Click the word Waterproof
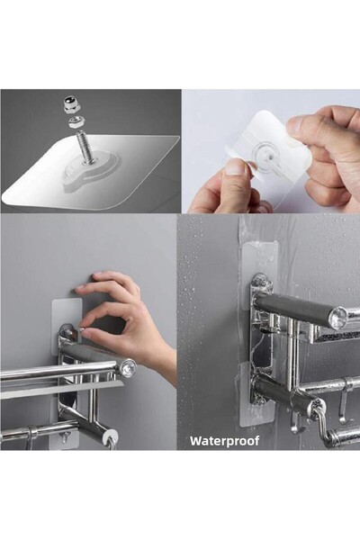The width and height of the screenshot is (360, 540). (224, 441)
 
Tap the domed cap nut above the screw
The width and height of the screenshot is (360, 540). (70, 104)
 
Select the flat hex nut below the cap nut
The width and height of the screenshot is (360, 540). (75, 121)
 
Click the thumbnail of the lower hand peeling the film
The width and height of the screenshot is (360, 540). (236, 168)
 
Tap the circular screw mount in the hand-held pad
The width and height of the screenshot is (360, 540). (266, 156)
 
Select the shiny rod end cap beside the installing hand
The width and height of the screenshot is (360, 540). (128, 367)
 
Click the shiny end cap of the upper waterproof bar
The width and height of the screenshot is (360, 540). (338, 317)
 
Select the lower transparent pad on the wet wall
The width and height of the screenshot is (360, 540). (256, 394)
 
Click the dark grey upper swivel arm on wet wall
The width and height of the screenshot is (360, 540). (296, 307)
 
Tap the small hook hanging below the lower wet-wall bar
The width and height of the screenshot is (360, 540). (295, 423)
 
